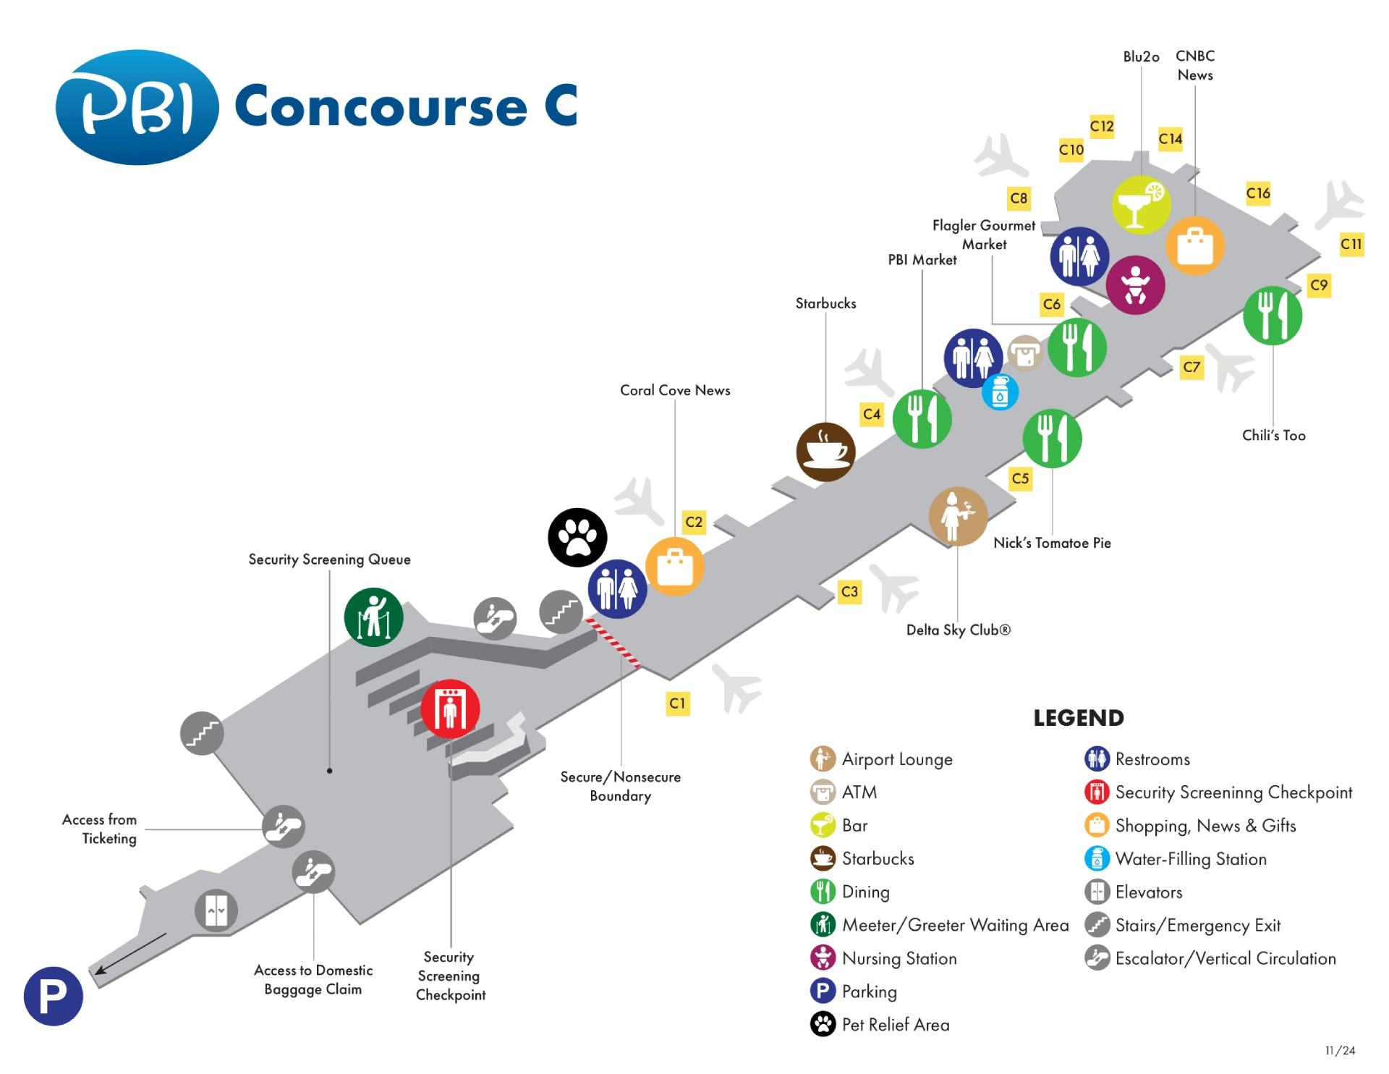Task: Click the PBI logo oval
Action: point(137,107)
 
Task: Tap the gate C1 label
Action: point(677,703)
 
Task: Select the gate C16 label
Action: point(1258,193)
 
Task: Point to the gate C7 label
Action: point(1192,367)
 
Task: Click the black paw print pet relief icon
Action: point(577,537)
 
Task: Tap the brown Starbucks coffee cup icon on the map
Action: point(825,452)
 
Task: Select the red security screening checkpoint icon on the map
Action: point(450,709)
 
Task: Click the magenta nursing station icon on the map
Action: point(1135,284)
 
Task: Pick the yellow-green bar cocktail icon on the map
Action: point(1141,204)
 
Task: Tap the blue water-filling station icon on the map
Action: point(1000,393)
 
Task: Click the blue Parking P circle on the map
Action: point(53,996)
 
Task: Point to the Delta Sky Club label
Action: point(958,630)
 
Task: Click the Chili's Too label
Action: point(1273,436)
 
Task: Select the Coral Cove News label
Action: point(675,390)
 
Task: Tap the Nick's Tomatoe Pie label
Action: point(1052,543)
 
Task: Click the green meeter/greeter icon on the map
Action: point(373,617)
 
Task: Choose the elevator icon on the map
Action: point(216,910)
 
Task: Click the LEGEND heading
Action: point(1078,718)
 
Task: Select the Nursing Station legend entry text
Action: point(899,958)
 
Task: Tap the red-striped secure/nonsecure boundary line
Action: point(613,642)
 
